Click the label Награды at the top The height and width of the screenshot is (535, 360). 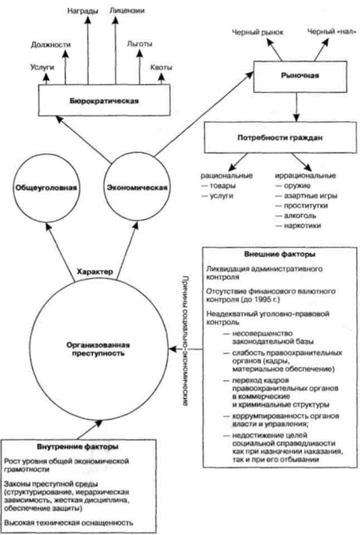(x=82, y=11)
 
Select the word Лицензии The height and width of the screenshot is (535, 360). (x=127, y=11)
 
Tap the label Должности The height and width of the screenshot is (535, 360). (x=51, y=45)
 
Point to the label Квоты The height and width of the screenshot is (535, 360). (x=161, y=68)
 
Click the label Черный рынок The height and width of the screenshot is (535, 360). (x=257, y=32)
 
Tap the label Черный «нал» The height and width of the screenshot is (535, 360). (x=329, y=32)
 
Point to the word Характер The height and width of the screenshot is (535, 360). (x=94, y=272)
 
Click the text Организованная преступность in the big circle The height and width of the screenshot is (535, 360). (x=98, y=349)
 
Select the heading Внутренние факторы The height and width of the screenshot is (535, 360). (x=78, y=446)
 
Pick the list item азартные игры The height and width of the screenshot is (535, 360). (x=307, y=196)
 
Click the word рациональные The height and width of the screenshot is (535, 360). (x=226, y=176)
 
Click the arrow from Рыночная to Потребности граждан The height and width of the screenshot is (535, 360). (x=296, y=107)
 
